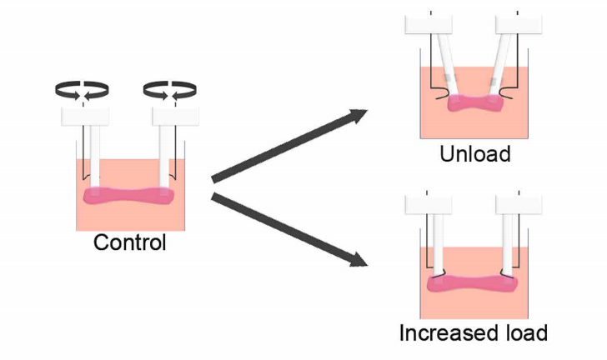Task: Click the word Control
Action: pos(129,243)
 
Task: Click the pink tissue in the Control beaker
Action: pos(128,197)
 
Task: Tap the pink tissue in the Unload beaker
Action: pos(475,102)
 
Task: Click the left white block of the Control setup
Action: pos(86,117)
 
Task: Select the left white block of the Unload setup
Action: pos(429,24)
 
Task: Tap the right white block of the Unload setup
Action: pos(519,24)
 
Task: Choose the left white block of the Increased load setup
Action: pos(428,206)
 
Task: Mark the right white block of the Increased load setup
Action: pos(519,206)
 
